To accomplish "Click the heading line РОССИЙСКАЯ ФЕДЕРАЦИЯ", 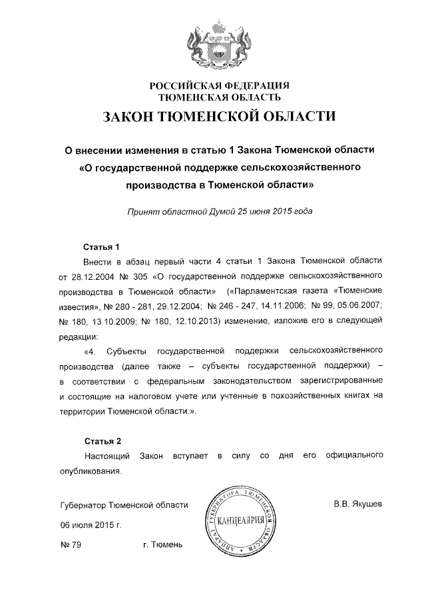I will point(219,85).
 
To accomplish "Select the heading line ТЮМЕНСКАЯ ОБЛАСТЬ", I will point(219,97).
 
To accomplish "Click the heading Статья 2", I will point(102,441).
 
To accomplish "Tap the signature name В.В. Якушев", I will point(358,504).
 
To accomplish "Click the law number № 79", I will point(71,546).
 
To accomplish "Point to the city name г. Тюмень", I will point(162,546).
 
